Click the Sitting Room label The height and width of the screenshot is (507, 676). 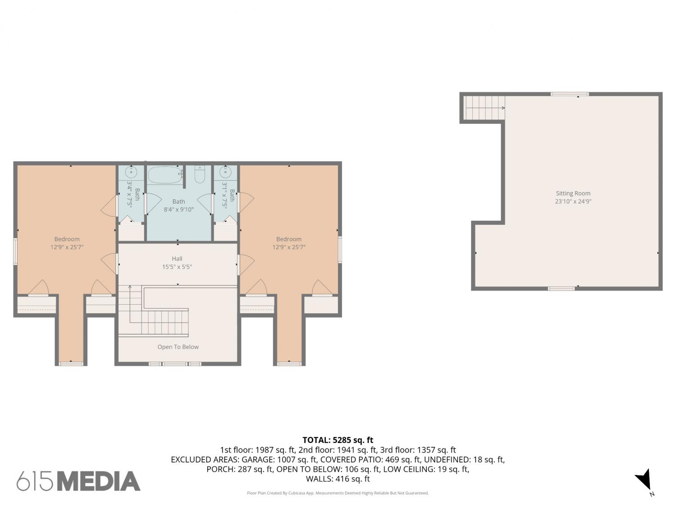[573, 193]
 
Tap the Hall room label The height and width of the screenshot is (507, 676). [177, 259]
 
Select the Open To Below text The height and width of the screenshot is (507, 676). [178, 347]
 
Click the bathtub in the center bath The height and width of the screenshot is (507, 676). [165, 175]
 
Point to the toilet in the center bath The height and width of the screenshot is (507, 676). [200, 174]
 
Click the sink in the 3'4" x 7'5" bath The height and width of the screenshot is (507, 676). [131, 172]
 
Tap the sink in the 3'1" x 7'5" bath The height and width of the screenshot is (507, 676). [226, 172]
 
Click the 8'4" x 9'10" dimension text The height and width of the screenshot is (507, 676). [178, 210]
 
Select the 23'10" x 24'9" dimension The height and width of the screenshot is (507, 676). [573, 201]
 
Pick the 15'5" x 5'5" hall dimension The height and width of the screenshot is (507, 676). [177, 267]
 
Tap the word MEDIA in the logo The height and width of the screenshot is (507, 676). [99, 481]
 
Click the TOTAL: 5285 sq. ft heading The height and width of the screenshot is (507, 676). [338, 440]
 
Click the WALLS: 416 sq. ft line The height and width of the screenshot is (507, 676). [338, 479]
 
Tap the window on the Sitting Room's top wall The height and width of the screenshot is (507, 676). [570, 94]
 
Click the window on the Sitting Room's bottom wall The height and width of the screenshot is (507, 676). [561, 288]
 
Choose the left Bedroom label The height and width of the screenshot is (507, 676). [67, 239]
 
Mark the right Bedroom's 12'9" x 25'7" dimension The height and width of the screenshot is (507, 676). [289, 247]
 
